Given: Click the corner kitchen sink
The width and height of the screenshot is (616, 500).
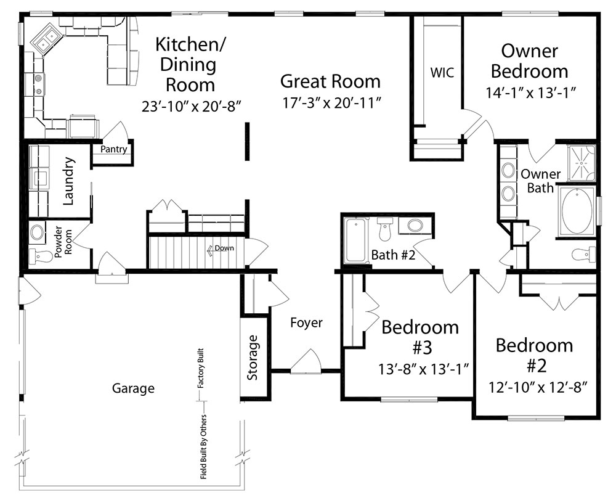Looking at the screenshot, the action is tap(47, 38).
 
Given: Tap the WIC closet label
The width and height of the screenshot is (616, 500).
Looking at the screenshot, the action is tap(442, 72).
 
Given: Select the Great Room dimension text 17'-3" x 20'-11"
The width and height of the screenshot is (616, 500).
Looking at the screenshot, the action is tap(332, 102).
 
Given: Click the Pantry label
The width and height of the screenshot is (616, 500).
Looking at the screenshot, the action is tap(113, 149).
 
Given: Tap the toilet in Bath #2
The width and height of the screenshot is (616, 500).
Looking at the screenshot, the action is tap(384, 229).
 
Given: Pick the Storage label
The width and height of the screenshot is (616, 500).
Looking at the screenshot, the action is tap(253, 358).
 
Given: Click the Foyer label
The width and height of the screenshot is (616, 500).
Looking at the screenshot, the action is tap(306, 322).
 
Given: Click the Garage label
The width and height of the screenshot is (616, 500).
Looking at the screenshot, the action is tap(133, 388).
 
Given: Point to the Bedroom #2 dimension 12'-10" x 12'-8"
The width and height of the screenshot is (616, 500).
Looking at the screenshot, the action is tap(538, 388).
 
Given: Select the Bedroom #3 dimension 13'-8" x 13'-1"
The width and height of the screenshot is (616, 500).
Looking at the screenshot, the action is tap(424, 369).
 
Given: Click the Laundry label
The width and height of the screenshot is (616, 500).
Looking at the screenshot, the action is tap(69, 181).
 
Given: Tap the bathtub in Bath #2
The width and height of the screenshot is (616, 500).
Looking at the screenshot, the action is tap(355, 240).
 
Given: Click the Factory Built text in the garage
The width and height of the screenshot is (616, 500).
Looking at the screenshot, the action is tap(201, 368).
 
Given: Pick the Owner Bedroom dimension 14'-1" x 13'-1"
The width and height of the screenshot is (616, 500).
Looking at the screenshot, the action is tap(531, 92).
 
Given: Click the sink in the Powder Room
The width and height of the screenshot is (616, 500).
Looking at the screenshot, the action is tap(38, 232).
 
